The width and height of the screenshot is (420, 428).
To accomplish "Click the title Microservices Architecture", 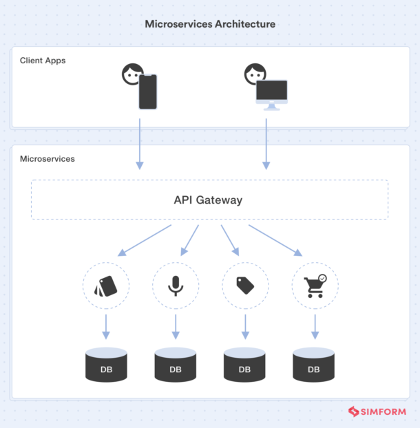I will coord(210,24).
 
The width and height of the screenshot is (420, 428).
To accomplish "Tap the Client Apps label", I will coord(43,61).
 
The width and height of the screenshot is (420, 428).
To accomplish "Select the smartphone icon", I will coord(148,92).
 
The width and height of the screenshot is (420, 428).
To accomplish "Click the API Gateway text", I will coord(208,200).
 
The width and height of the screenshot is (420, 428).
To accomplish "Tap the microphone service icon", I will coord(176,285).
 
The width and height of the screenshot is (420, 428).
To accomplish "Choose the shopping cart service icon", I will coord(315,285).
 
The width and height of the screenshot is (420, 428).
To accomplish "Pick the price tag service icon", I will coord(245,285).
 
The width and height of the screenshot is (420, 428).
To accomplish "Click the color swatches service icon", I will coord(106,285).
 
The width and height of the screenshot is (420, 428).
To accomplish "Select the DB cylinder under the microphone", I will coord(176,365).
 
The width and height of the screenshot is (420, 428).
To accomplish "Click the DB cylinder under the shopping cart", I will coord(314,365).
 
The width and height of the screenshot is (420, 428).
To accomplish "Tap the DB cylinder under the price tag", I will coord(244,365).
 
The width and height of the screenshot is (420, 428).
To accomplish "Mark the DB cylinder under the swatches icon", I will coord(106,365).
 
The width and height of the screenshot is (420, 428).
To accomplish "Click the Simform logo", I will coord(377,411).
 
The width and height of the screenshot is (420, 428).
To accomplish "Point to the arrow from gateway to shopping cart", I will coord(275,240).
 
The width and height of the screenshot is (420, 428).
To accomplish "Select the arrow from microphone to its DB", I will coord(176,326).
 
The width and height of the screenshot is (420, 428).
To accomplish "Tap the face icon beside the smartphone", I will coord(132,74).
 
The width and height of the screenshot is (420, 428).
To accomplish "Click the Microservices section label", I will coord(48,159).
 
